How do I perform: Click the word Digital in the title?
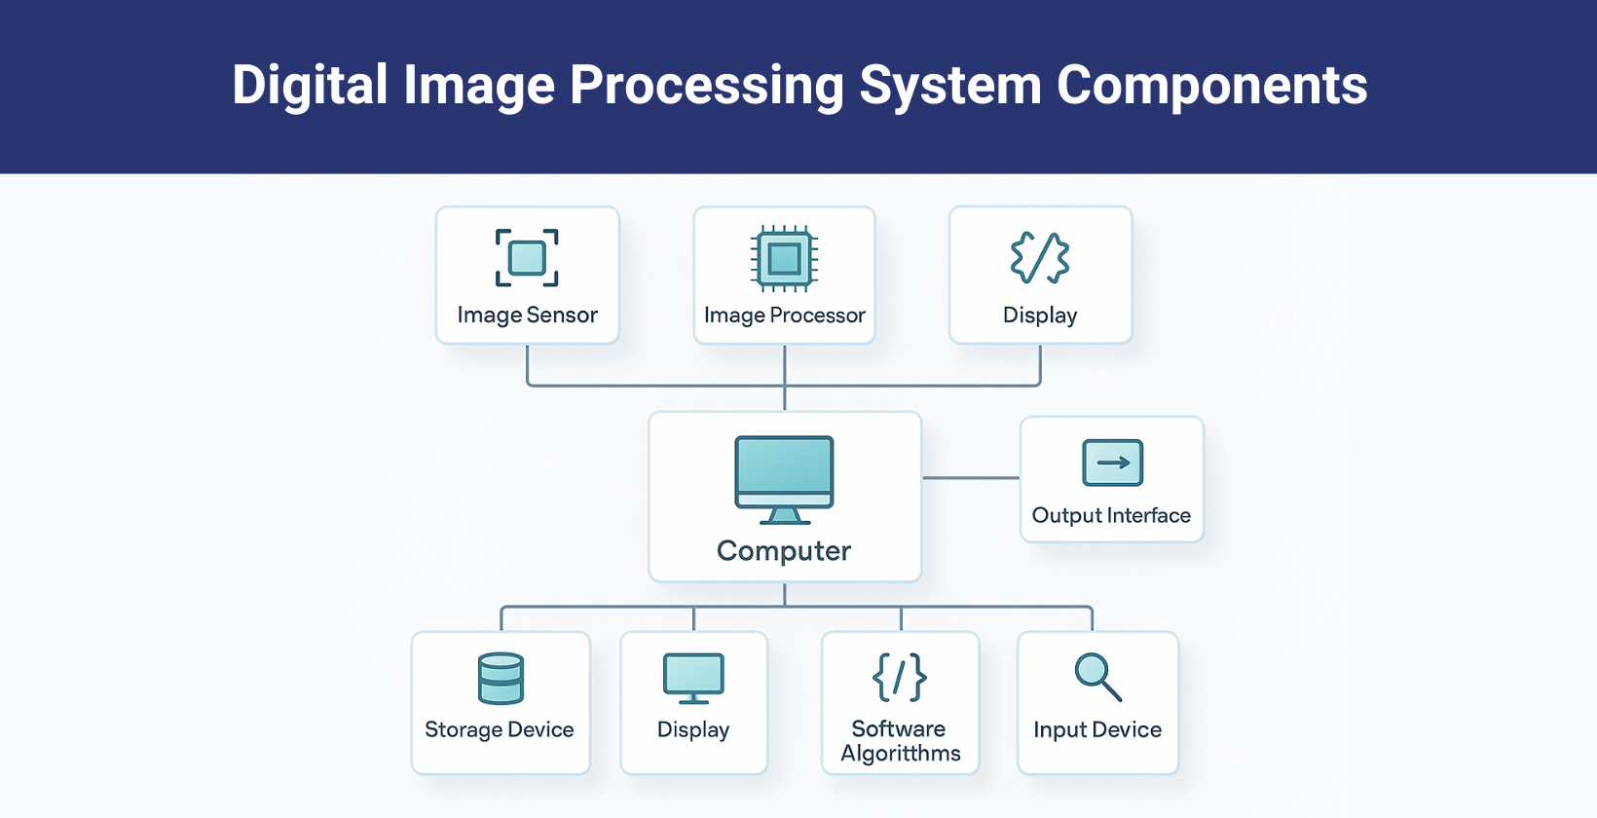(x=310, y=86)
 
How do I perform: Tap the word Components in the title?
(x=1211, y=86)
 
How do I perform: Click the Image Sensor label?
(x=527, y=316)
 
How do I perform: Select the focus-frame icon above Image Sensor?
(x=527, y=258)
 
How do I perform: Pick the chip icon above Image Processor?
(x=784, y=259)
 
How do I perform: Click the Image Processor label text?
(x=784, y=316)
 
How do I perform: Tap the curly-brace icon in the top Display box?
(x=1040, y=258)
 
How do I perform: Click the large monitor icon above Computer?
(x=784, y=479)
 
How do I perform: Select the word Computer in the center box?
(x=784, y=551)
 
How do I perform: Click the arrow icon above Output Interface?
(x=1112, y=463)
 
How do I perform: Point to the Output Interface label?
(x=1111, y=516)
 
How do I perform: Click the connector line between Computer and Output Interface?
(x=970, y=478)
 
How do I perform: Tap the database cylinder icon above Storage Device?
(x=501, y=678)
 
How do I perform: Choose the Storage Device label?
(x=500, y=730)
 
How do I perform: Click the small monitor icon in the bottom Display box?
(x=693, y=678)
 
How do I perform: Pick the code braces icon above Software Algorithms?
(x=900, y=677)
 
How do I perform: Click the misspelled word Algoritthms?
(x=901, y=754)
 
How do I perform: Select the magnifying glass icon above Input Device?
(x=1097, y=677)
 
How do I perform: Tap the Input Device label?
(x=1097, y=730)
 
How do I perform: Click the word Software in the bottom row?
(x=899, y=728)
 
